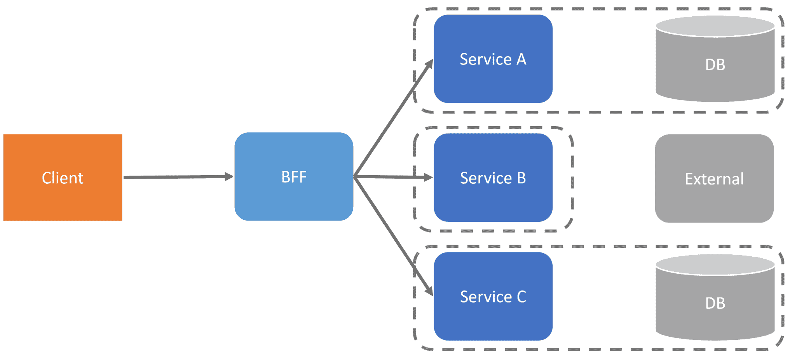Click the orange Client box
(x=63, y=194)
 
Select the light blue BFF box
(x=294, y=194)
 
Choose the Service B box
(x=493, y=198)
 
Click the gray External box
(x=714, y=198)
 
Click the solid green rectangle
(x=117, y=55)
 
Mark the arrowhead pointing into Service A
(x=429, y=64)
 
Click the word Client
(x=63, y=178)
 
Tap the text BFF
(x=294, y=177)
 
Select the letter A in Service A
(x=521, y=59)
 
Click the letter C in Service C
(x=521, y=297)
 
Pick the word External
(x=714, y=179)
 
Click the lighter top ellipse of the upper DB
(x=715, y=26)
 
